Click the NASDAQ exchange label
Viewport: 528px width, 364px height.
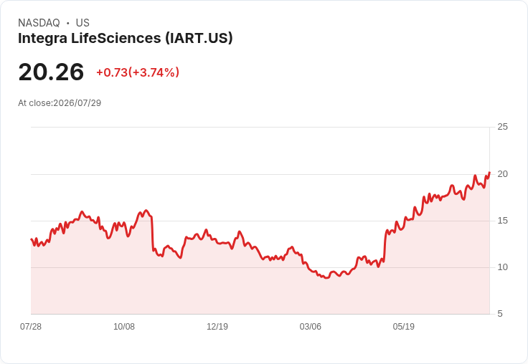tap(39, 23)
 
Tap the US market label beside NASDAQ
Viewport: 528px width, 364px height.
tap(82, 23)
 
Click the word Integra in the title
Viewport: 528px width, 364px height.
tap(43, 39)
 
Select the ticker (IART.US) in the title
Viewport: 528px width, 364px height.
tap(199, 39)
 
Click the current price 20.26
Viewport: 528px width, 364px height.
tap(51, 72)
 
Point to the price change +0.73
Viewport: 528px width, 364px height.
tap(112, 72)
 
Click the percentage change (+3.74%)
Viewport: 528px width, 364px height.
tap(154, 72)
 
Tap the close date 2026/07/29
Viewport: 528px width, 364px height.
tap(77, 103)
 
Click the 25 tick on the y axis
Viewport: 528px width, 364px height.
tap(502, 127)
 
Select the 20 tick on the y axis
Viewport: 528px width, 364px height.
tap(502, 174)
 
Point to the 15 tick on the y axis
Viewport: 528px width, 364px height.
tap(502, 221)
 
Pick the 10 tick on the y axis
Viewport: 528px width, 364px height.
tap(502, 267)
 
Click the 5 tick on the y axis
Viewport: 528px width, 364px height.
tap(500, 314)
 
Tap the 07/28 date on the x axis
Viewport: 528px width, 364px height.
tap(31, 327)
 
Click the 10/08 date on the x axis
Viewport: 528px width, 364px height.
tap(124, 327)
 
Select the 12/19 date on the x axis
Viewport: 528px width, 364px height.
tap(217, 327)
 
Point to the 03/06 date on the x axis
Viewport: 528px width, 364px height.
tap(311, 327)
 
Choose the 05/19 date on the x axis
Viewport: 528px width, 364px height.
tap(404, 327)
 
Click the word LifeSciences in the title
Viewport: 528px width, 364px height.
tap(116, 39)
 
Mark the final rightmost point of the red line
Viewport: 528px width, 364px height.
tap(489, 172)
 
